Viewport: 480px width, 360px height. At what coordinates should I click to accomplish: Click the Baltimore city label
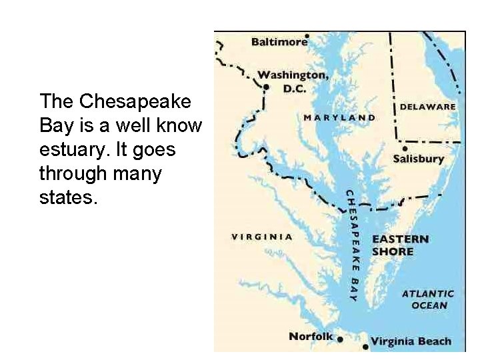(279, 42)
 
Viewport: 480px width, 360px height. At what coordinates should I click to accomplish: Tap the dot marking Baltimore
(307, 35)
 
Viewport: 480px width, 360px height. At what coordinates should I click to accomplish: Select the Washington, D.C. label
(293, 80)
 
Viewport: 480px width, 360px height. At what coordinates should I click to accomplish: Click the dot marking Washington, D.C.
(266, 87)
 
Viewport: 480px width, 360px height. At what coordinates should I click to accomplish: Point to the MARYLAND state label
(339, 118)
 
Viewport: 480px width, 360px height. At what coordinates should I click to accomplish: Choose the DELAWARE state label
(427, 106)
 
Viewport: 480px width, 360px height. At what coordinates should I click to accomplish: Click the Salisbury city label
(418, 159)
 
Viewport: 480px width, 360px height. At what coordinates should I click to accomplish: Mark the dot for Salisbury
(405, 149)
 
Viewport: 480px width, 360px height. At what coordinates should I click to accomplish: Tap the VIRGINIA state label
(262, 237)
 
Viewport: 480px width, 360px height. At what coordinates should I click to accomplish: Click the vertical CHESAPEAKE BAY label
(351, 245)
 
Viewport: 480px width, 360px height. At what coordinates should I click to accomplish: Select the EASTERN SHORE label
(399, 245)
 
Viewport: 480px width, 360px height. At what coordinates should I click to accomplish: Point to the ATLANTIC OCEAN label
(428, 299)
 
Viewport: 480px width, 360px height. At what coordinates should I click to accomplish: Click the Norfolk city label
(310, 336)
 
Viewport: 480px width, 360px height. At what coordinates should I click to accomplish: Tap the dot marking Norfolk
(340, 339)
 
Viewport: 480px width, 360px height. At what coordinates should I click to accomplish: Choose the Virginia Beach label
(411, 341)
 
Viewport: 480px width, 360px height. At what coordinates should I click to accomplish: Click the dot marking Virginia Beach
(365, 347)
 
